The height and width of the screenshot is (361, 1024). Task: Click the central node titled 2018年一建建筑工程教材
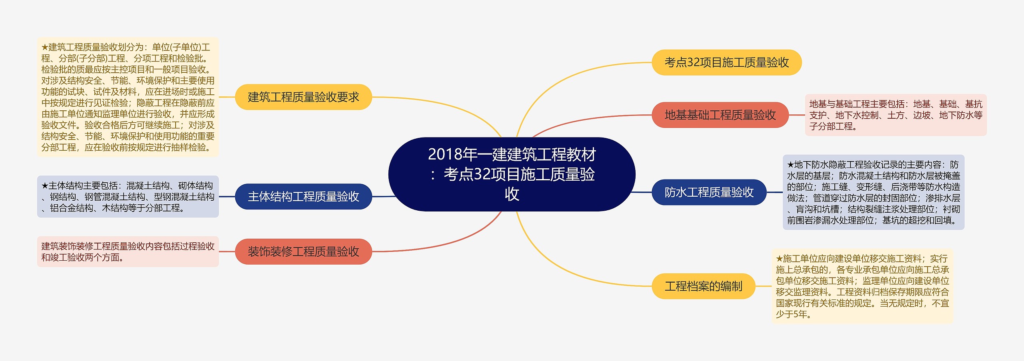[x=512, y=174]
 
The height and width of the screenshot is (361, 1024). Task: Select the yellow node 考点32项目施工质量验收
[x=726, y=62]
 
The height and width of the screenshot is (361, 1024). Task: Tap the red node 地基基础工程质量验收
[x=720, y=115]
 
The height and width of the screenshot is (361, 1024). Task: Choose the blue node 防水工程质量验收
[x=709, y=192]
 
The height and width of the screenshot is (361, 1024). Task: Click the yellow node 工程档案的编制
[x=703, y=286]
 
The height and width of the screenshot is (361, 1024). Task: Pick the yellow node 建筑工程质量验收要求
[x=303, y=97]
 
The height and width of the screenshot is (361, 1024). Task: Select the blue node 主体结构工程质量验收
[x=303, y=197]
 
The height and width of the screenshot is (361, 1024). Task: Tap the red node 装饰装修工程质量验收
[x=303, y=251]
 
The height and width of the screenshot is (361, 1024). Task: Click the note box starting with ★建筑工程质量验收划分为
[x=128, y=97]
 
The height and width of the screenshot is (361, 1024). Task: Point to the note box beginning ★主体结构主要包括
[x=128, y=197]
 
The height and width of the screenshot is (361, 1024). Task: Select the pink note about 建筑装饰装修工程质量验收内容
[x=128, y=251]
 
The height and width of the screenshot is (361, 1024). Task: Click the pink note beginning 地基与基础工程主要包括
[x=896, y=115]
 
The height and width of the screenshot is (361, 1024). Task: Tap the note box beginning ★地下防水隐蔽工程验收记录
[x=873, y=192]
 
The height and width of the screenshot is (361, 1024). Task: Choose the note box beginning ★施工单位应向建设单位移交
[x=862, y=286]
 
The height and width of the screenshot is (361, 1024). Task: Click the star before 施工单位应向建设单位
[x=779, y=259]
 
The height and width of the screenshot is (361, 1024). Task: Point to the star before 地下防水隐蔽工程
[x=790, y=165]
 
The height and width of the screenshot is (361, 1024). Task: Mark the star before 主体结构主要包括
[x=45, y=186]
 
